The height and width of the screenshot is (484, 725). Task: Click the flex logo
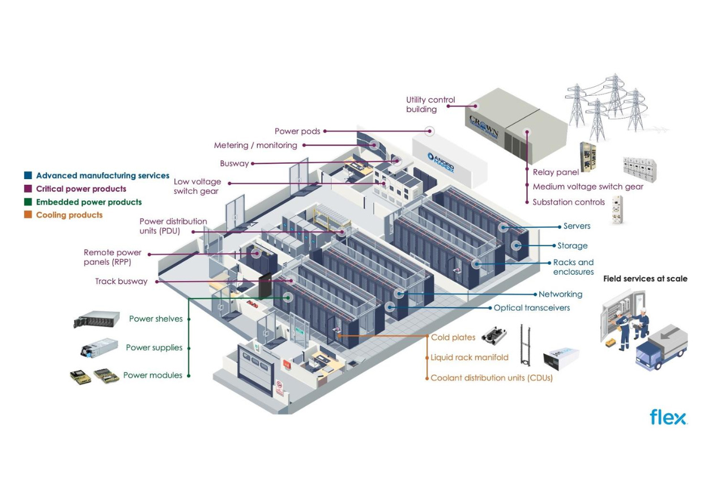pyautogui.click(x=668, y=417)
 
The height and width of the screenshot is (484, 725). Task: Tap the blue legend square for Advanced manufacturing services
pyautogui.click(x=28, y=176)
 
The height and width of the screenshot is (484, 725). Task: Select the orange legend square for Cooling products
pyautogui.click(x=28, y=215)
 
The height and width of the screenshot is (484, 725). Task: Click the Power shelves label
pyautogui.click(x=156, y=319)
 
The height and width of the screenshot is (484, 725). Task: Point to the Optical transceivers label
pyautogui.click(x=531, y=308)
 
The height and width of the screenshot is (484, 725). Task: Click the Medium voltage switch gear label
pyautogui.click(x=588, y=186)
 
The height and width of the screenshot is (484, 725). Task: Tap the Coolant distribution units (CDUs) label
pyautogui.click(x=491, y=377)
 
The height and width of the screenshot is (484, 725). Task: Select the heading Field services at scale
pyautogui.click(x=645, y=278)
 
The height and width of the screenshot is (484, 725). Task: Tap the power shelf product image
pyautogui.click(x=96, y=319)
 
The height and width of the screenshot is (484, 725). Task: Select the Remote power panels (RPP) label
pyautogui.click(x=112, y=257)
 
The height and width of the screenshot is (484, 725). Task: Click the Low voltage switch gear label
pyautogui.click(x=197, y=186)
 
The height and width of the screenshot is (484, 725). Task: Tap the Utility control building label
pyautogui.click(x=430, y=104)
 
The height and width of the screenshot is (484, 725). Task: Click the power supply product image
pyautogui.click(x=99, y=347)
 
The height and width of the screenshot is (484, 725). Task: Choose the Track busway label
pyautogui.click(x=121, y=281)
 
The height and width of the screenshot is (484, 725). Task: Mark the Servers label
pyautogui.click(x=577, y=226)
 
